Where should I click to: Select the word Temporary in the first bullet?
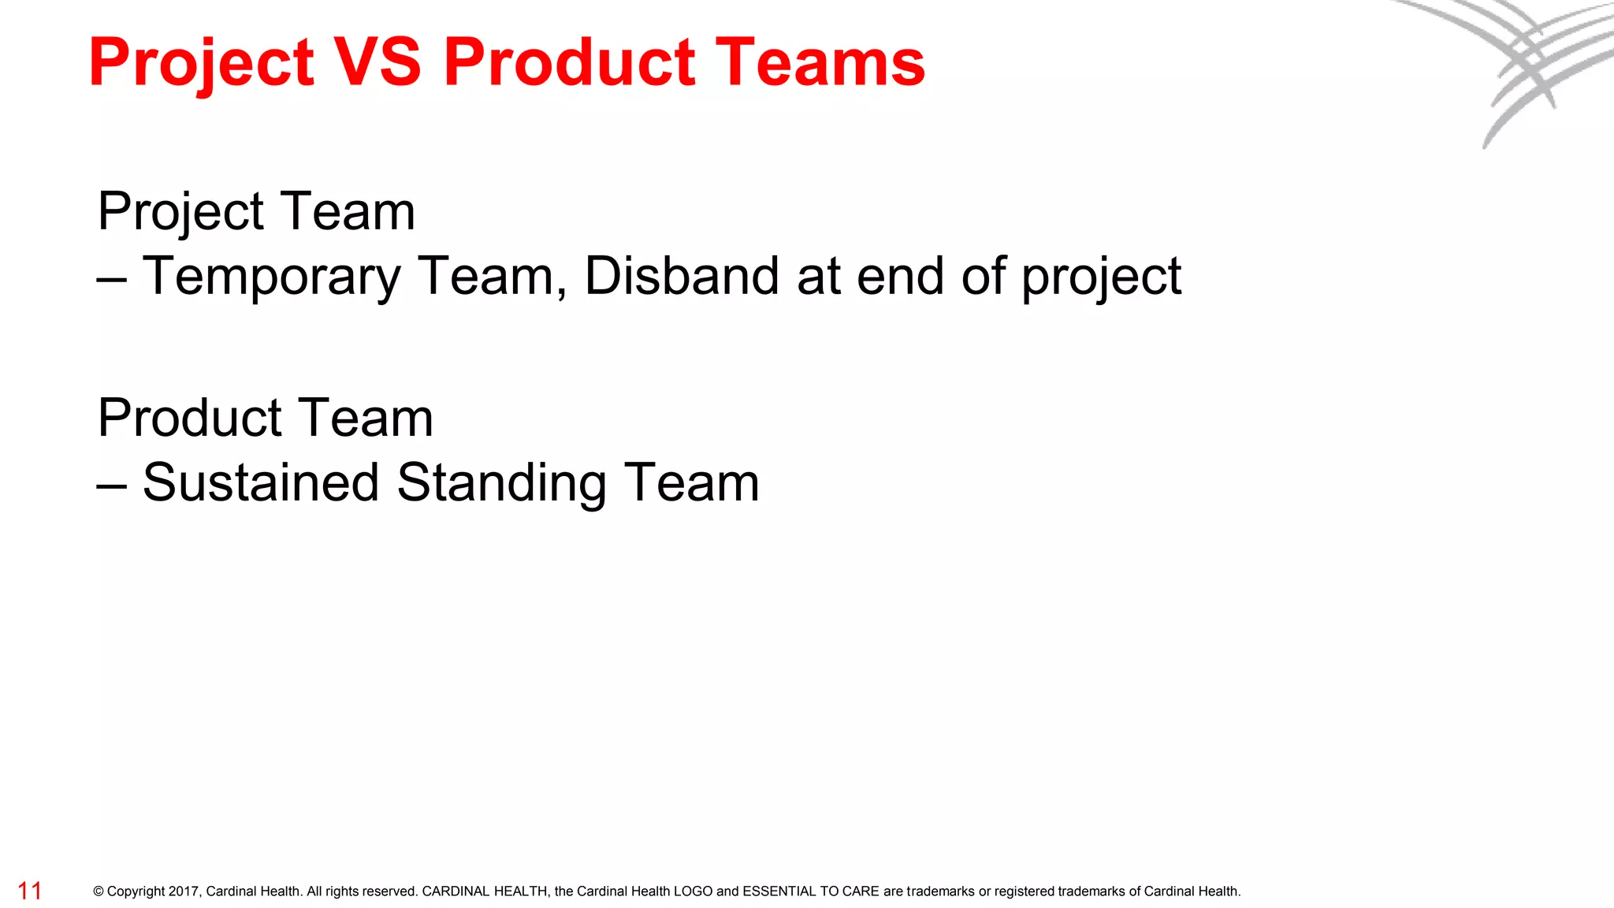coord(272,277)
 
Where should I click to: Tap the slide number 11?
coord(30,891)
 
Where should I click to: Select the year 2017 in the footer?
coord(184,891)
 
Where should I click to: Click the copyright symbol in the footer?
coord(99,891)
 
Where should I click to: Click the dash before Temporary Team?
coord(112,277)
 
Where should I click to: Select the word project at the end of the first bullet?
coord(1101,277)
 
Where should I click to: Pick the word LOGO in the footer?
coord(693,891)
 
